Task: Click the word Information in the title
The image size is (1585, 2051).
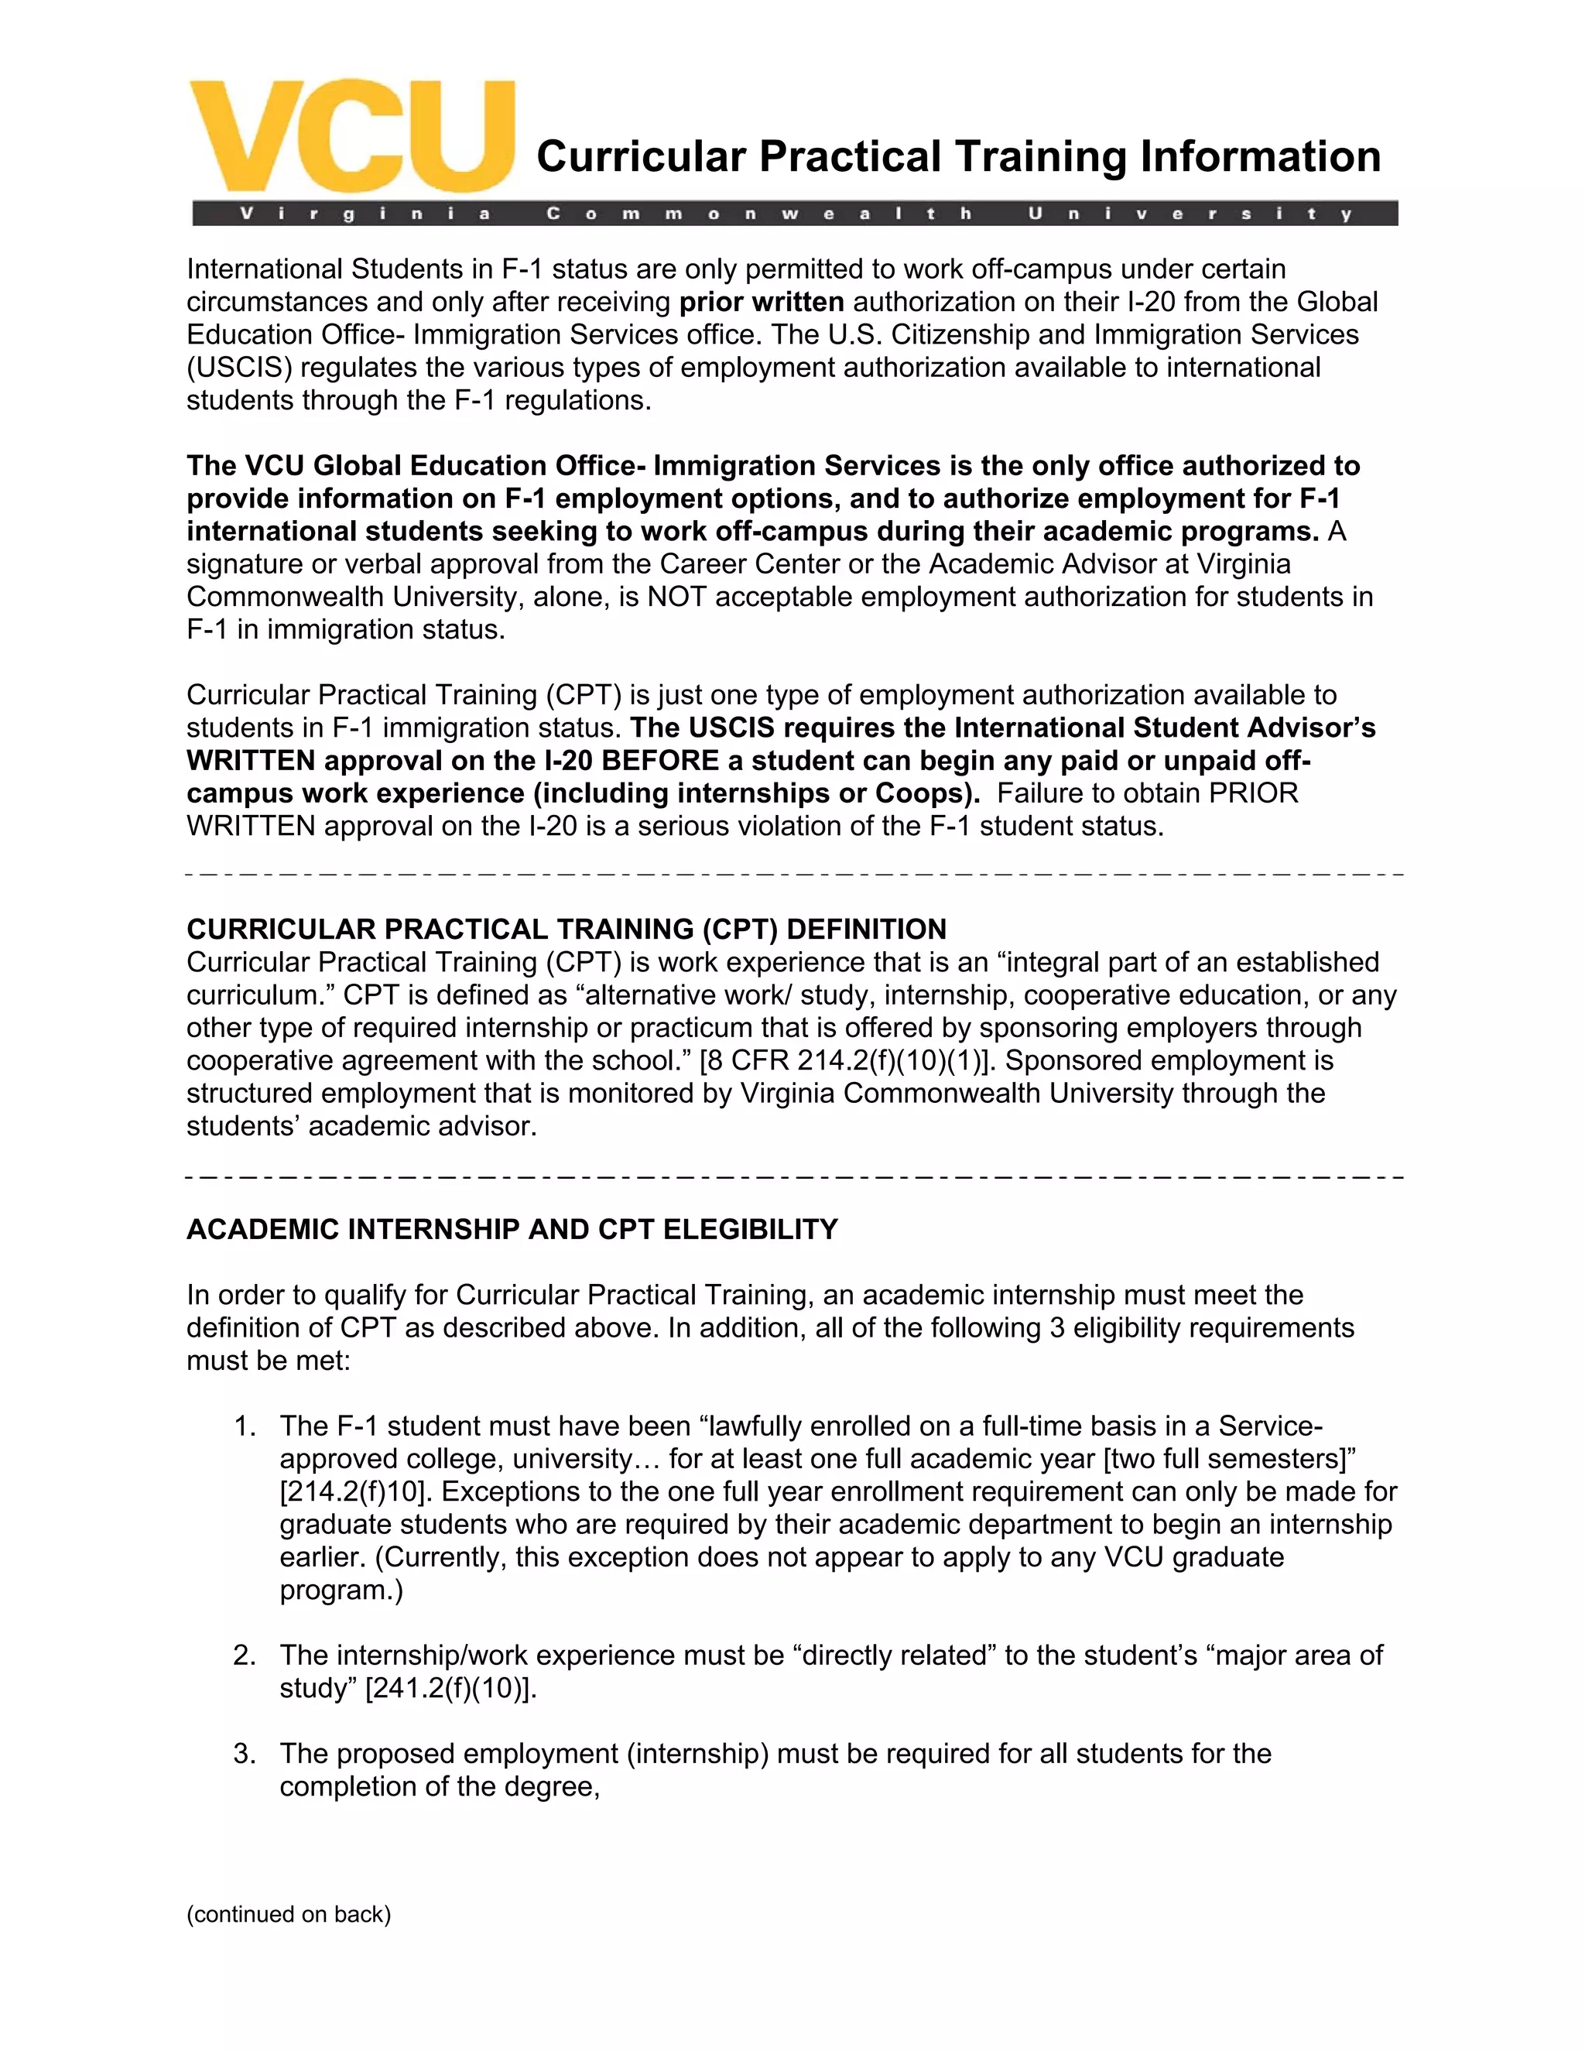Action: click(1260, 157)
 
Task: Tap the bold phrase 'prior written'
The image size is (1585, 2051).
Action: click(762, 303)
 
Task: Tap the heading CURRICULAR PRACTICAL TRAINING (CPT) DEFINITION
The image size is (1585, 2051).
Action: click(567, 930)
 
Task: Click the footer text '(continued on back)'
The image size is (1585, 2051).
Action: click(288, 1915)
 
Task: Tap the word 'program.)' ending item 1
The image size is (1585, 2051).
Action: click(341, 1590)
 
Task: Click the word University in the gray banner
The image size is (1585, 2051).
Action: click(1189, 214)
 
